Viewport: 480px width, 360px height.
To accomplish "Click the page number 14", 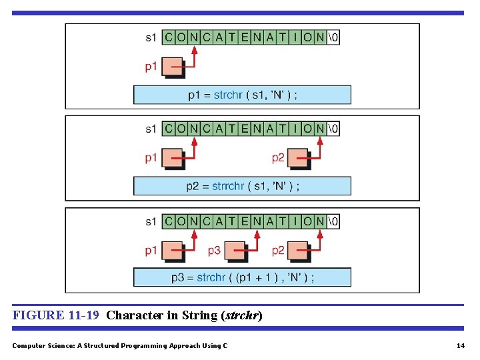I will (460, 345).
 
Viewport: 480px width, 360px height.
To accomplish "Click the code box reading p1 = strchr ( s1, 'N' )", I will (242, 95).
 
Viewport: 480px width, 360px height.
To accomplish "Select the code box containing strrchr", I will (242, 186).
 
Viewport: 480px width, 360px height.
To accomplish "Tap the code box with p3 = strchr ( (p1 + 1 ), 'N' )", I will (242, 277).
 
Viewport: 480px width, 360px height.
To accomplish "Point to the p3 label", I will (214, 251).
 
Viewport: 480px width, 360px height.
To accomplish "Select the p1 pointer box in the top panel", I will (173, 67).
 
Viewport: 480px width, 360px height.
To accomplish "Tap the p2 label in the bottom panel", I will (278, 251).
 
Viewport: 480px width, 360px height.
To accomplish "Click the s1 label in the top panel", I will (151, 37).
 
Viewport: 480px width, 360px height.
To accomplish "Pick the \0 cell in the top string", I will (333, 37).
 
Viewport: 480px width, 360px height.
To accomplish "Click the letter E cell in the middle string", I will (245, 129).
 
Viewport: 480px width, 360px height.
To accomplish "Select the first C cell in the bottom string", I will (168, 221).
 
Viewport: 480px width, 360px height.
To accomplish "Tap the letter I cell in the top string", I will (295, 37).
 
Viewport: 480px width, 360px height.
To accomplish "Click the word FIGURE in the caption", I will (37, 315).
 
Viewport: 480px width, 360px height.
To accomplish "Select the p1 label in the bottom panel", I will (151, 251).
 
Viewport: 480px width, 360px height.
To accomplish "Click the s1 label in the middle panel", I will (151, 129).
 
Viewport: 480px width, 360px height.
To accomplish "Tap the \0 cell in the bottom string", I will (333, 221).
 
